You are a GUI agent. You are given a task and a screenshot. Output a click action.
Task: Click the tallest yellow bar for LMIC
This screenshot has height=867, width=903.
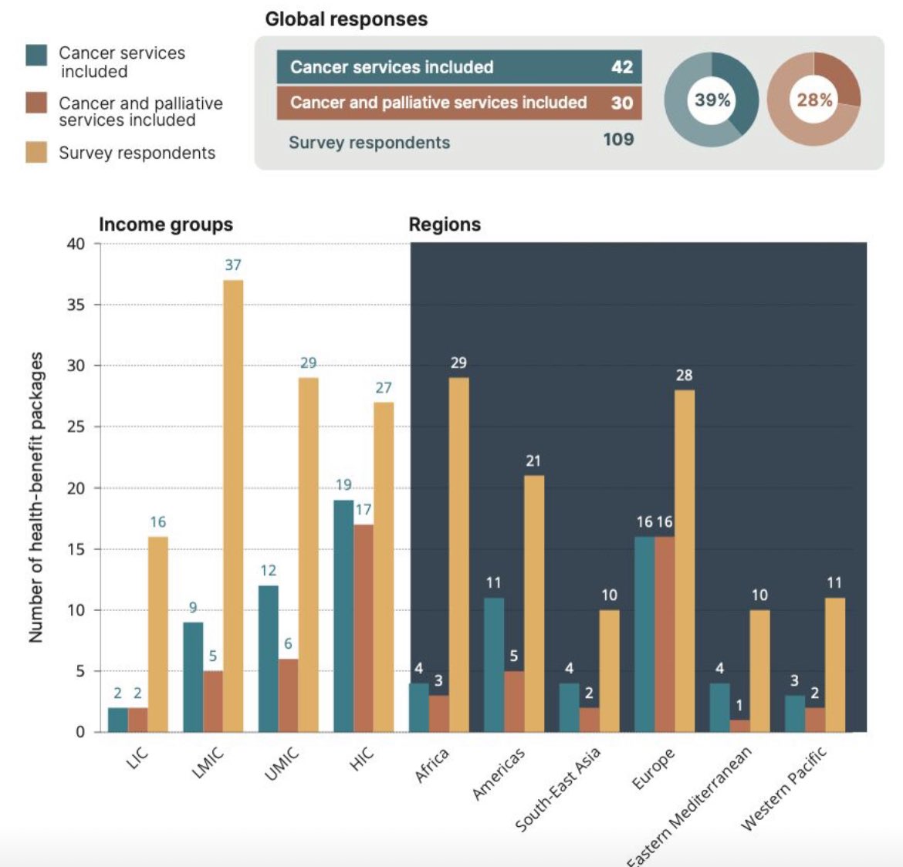(x=233, y=505)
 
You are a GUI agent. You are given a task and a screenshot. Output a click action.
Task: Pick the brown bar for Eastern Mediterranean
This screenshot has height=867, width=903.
(x=739, y=726)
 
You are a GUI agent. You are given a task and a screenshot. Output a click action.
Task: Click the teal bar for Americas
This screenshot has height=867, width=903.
(x=494, y=664)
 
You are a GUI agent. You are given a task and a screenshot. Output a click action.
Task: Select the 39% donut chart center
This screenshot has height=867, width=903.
(x=712, y=100)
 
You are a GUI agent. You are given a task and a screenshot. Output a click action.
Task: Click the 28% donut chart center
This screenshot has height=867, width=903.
(x=814, y=100)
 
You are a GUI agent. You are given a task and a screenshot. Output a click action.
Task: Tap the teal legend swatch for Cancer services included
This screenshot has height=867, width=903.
(x=36, y=56)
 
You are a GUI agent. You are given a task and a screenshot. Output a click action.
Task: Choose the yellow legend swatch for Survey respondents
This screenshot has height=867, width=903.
(x=36, y=152)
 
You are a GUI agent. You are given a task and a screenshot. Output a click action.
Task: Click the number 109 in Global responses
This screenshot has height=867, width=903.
(x=618, y=140)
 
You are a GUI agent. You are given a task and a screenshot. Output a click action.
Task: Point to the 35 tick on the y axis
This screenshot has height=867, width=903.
(x=76, y=305)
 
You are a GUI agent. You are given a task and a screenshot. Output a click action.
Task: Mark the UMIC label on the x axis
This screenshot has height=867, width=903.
(x=282, y=764)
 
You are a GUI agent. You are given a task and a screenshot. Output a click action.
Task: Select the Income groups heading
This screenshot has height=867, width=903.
(x=166, y=224)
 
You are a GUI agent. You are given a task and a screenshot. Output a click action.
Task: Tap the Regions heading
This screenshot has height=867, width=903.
(x=445, y=224)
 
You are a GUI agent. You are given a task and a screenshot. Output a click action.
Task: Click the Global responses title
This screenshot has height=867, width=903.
(x=347, y=19)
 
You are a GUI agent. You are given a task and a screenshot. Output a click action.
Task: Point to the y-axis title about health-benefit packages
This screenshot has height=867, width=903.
(x=36, y=498)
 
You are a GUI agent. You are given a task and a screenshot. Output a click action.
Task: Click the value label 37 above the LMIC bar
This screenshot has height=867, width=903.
(x=233, y=265)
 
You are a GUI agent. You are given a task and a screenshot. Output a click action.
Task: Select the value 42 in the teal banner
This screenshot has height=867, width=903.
(x=622, y=67)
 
